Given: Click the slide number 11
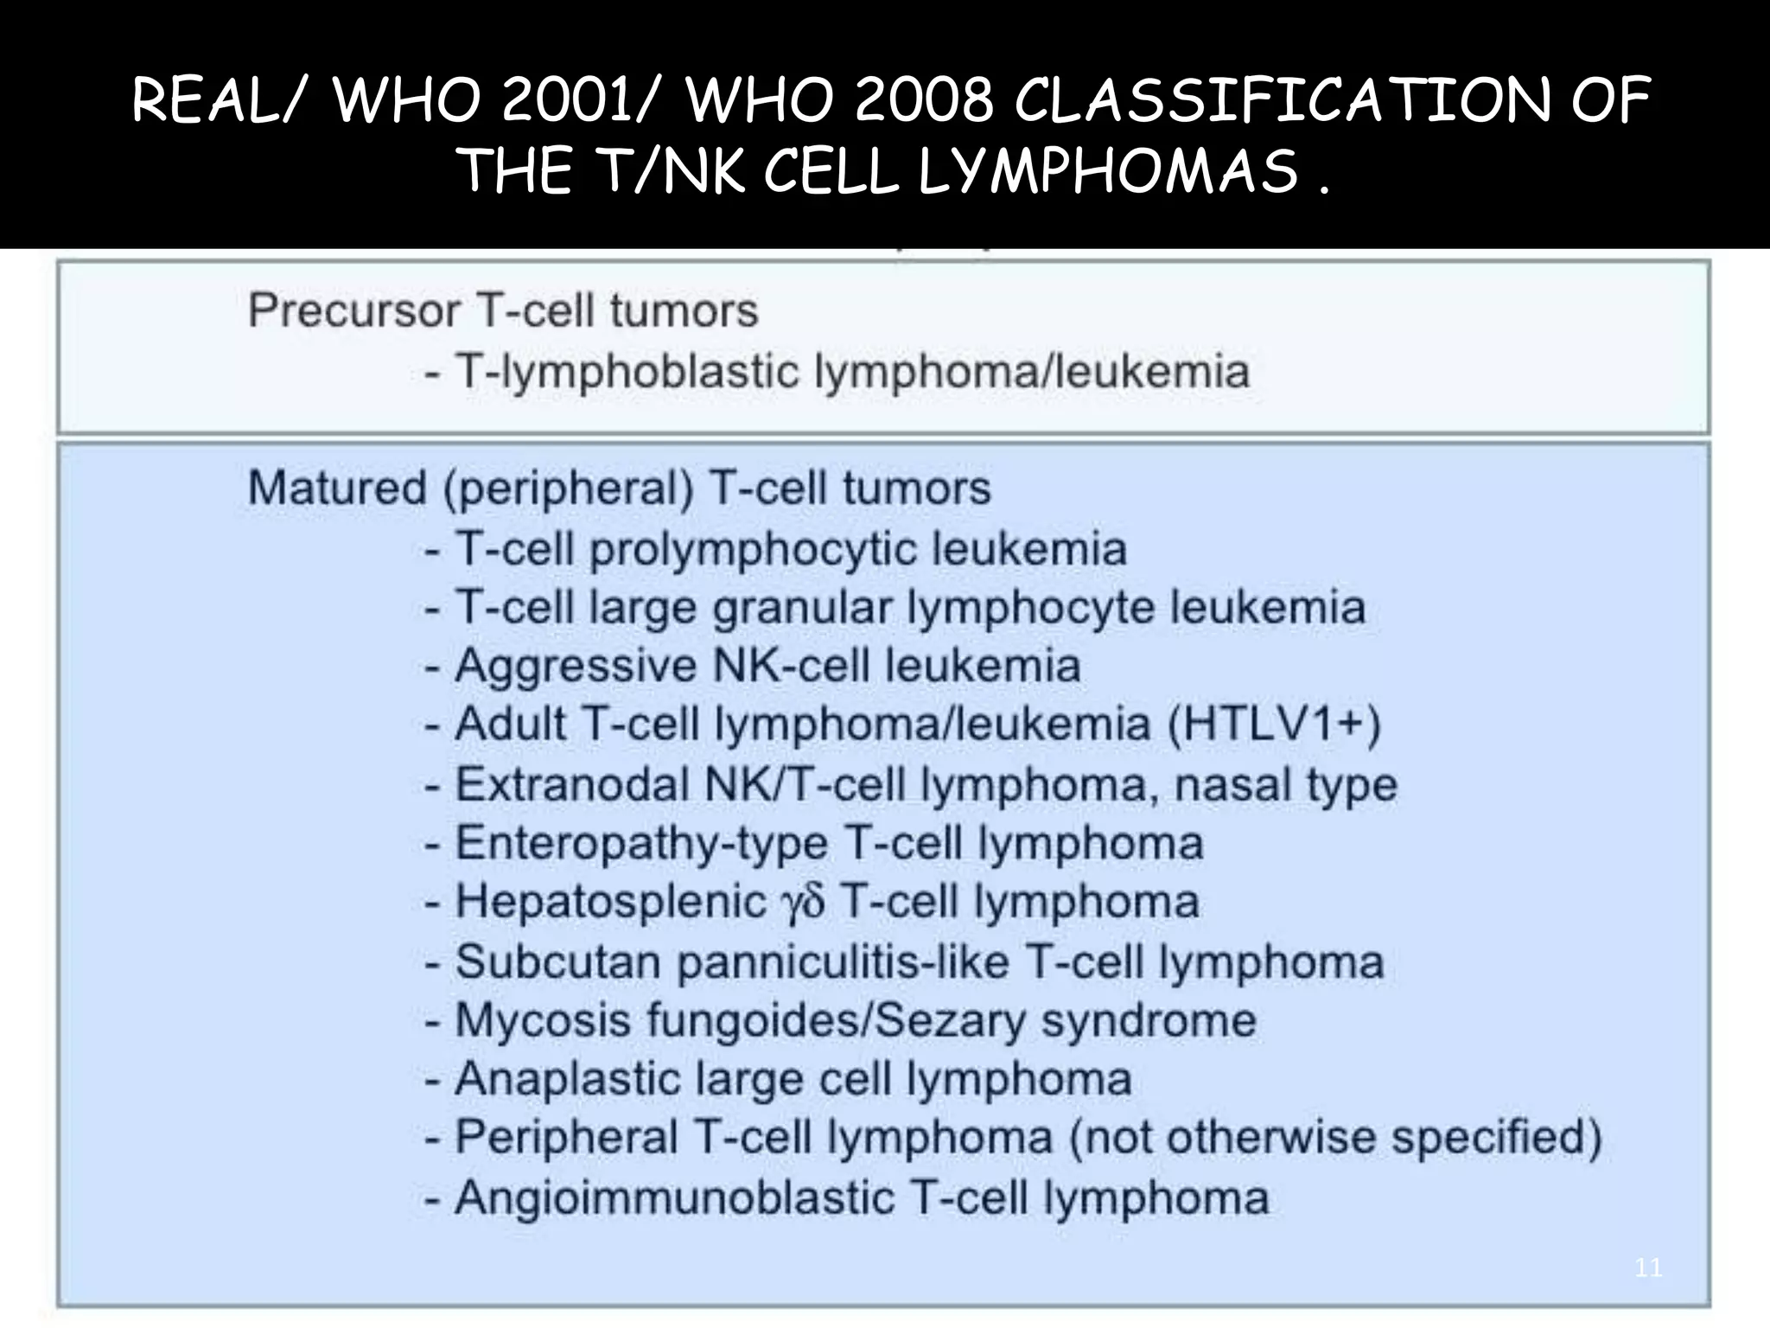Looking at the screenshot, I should pyautogui.click(x=1648, y=1268).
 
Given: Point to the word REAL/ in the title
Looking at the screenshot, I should pyautogui.click(x=220, y=101).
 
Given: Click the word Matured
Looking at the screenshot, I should pyautogui.click(x=337, y=488).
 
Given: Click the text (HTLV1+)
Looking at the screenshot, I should pyautogui.click(x=1274, y=724).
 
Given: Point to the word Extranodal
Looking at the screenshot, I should pyautogui.click(x=572, y=785).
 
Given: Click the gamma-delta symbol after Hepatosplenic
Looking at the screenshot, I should pyautogui.click(x=803, y=903).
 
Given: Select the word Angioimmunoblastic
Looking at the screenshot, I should pyautogui.click(x=674, y=1198).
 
